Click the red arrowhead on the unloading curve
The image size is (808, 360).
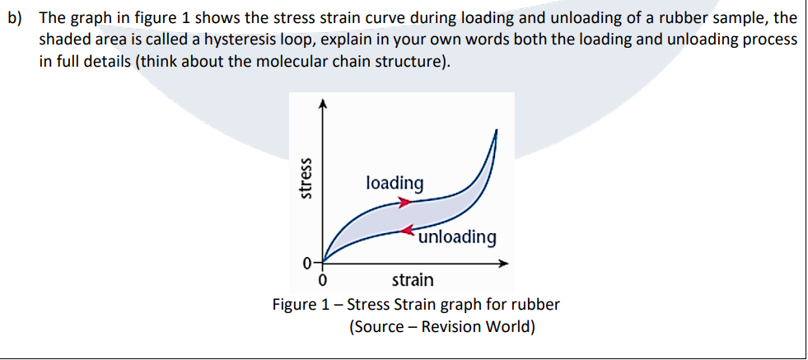point(409,231)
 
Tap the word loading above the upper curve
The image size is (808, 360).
point(395,182)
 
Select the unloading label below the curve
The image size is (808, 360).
point(457,237)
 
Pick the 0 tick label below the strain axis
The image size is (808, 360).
point(323,280)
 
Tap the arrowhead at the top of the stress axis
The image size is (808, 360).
point(323,102)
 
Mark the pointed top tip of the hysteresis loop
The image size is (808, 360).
point(496,130)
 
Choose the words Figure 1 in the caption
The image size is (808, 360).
point(303,304)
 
